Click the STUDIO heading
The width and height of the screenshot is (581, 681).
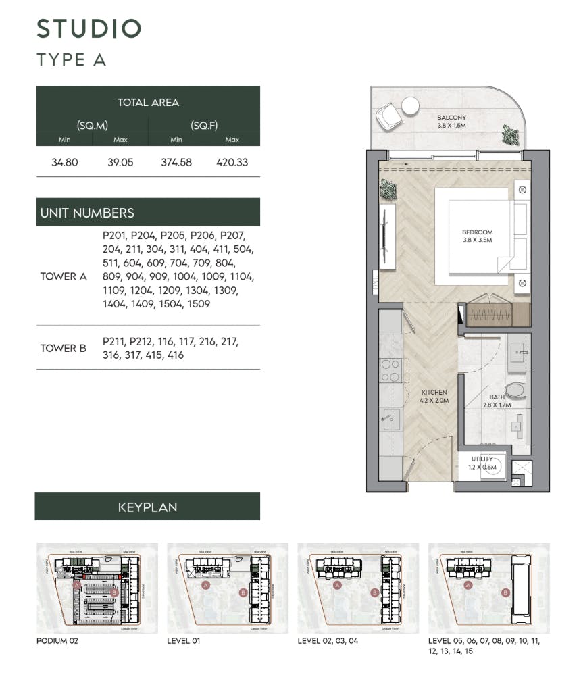tap(89, 29)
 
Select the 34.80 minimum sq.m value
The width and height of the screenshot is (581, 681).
tap(65, 162)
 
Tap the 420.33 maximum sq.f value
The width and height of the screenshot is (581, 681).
tap(232, 162)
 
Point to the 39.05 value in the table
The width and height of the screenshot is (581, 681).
tap(121, 162)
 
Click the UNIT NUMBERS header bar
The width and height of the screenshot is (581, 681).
tap(147, 212)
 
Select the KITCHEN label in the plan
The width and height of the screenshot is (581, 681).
tap(434, 396)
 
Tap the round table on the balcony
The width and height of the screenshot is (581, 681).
tap(410, 105)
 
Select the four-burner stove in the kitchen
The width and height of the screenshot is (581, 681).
tap(390, 370)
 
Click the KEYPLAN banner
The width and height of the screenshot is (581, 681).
tap(147, 506)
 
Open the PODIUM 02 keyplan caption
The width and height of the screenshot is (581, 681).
tap(57, 640)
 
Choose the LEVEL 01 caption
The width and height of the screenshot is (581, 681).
tap(184, 640)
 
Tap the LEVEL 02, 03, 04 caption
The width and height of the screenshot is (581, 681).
tap(328, 640)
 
